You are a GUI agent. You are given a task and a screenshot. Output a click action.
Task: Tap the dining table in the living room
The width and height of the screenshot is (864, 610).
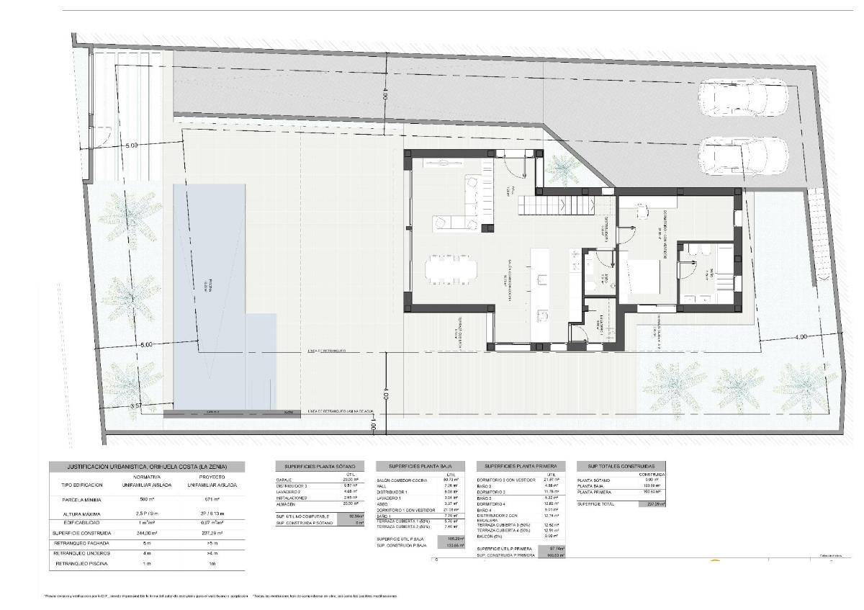(451, 269)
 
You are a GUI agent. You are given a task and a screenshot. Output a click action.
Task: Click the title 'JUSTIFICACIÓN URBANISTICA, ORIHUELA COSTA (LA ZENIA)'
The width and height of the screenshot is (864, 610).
(146, 467)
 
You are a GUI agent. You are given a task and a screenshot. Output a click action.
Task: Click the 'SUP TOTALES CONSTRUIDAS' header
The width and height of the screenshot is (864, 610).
(621, 467)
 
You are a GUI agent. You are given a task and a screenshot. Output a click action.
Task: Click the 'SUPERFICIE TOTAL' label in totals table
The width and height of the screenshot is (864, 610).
(596, 504)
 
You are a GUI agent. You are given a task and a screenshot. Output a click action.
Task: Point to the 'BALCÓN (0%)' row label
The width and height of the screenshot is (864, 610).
(491, 536)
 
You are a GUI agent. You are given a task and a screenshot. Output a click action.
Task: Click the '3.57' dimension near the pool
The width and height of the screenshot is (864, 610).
(136, 407)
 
